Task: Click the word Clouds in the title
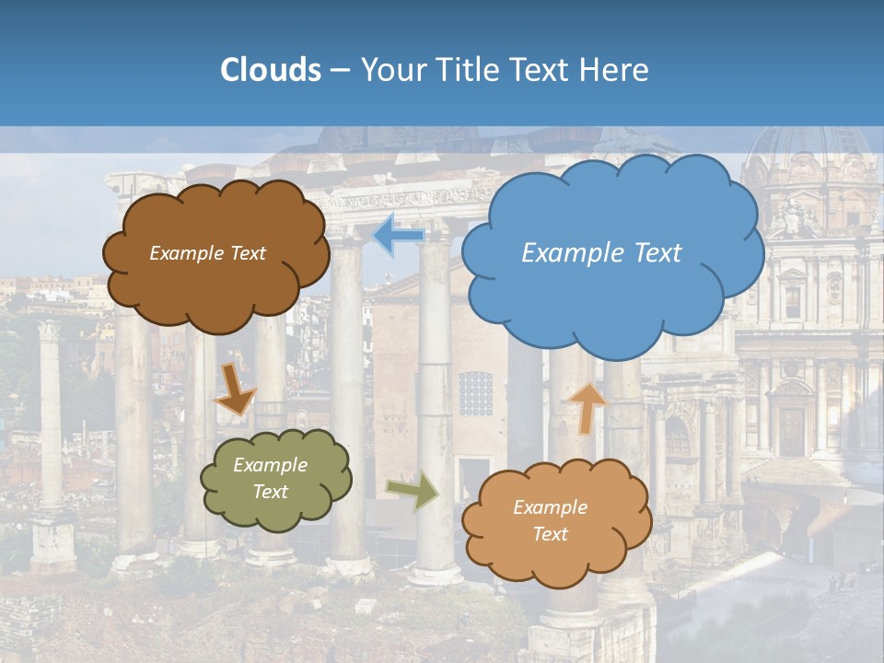point(271,70)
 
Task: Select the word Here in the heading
point(616,70)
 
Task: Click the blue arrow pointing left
point(398,235)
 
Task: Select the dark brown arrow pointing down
point(235,389)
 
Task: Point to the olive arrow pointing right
point(413,491)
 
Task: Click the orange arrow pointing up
point(587,407)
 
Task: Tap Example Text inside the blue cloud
point(601,253)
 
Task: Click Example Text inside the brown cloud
point(207,253)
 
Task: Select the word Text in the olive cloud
point(271,493)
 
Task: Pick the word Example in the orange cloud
point(550,507)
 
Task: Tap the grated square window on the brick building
point(476,393)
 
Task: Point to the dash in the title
point(340,71)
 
